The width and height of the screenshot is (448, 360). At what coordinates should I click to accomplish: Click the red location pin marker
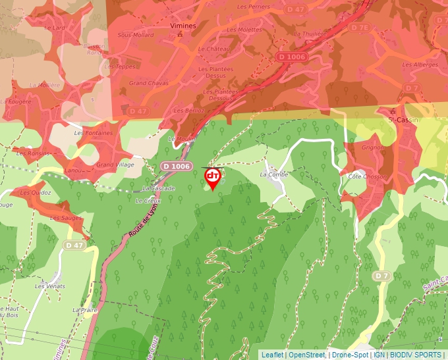point(213,178)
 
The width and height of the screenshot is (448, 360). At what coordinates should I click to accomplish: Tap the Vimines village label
point(184,25)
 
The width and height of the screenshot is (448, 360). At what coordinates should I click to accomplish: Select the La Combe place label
point(273,174)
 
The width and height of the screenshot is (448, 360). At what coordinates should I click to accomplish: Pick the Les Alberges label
point(420,64)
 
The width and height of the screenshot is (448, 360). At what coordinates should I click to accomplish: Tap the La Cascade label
point(159,189)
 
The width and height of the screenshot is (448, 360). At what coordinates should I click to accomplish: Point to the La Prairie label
point(85,309)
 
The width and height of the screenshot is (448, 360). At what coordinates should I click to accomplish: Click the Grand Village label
point(115,165)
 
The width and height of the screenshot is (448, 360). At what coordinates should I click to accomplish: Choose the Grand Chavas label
point(148,84)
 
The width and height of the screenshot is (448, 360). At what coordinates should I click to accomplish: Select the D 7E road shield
point(360,28)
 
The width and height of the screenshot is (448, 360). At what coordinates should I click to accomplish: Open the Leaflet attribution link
point(272,355)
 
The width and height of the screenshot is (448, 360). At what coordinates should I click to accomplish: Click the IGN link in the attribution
point(379,355)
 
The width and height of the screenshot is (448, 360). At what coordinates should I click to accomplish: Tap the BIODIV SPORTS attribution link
point(415,355)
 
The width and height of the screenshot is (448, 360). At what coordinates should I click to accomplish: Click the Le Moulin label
point(181,139)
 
